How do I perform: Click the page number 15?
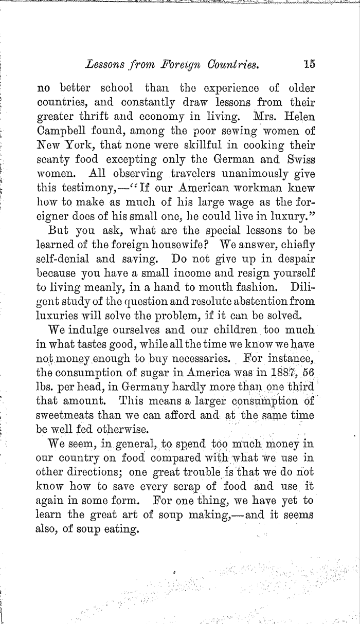(x=310, y=65)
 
